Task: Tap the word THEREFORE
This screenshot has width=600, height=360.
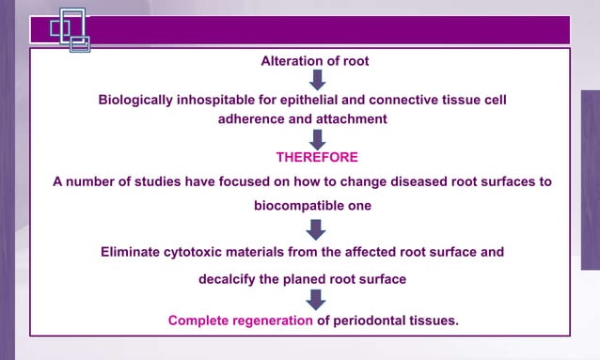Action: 317,156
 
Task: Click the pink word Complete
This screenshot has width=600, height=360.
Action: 199,321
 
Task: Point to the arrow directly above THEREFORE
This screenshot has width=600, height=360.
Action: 317,138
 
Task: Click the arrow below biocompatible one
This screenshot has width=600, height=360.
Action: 317,228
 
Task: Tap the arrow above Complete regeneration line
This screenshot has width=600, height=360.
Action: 317,299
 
